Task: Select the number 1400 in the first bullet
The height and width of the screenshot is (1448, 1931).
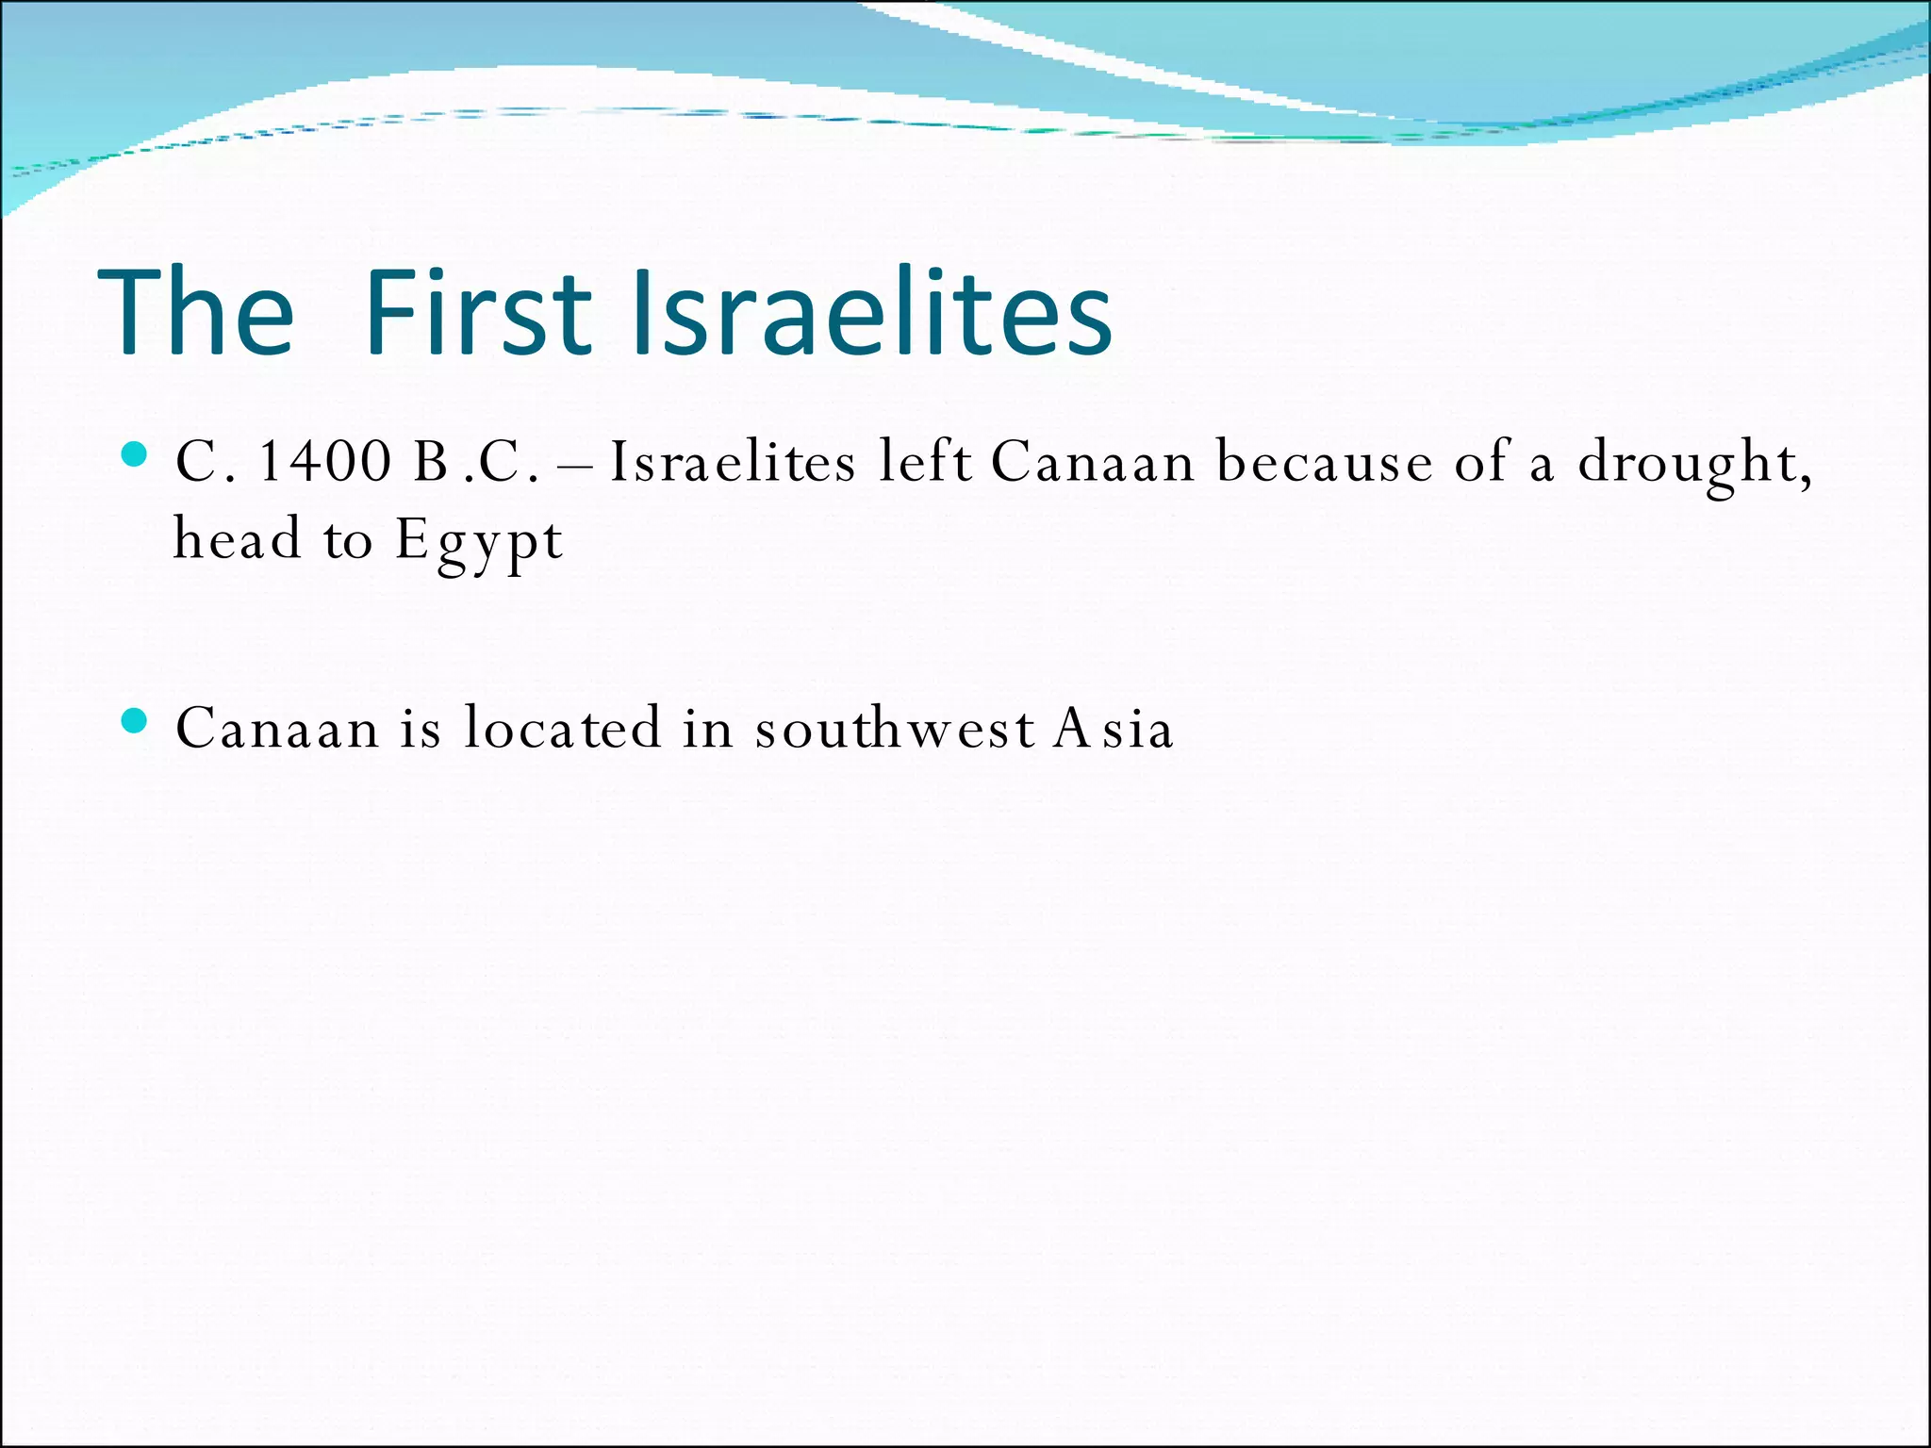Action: [x=324, y=463]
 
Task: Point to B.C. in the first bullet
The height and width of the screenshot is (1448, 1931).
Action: [x=476, y=463]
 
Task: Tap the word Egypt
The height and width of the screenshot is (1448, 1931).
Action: [x=478, y=541]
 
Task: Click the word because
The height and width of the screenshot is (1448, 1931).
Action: [x=1324, y=463]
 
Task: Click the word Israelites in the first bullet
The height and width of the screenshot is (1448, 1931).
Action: [x=733, y=463]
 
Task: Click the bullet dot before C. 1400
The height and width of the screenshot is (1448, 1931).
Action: [x=136, y=455]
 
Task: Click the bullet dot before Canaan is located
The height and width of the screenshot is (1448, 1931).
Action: [x=136, y=722]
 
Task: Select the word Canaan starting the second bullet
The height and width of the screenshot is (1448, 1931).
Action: [x=277, y=730]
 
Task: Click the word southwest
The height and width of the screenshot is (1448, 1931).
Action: [x=895, y=729]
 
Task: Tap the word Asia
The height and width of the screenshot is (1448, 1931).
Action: [x=1114, y=729]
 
